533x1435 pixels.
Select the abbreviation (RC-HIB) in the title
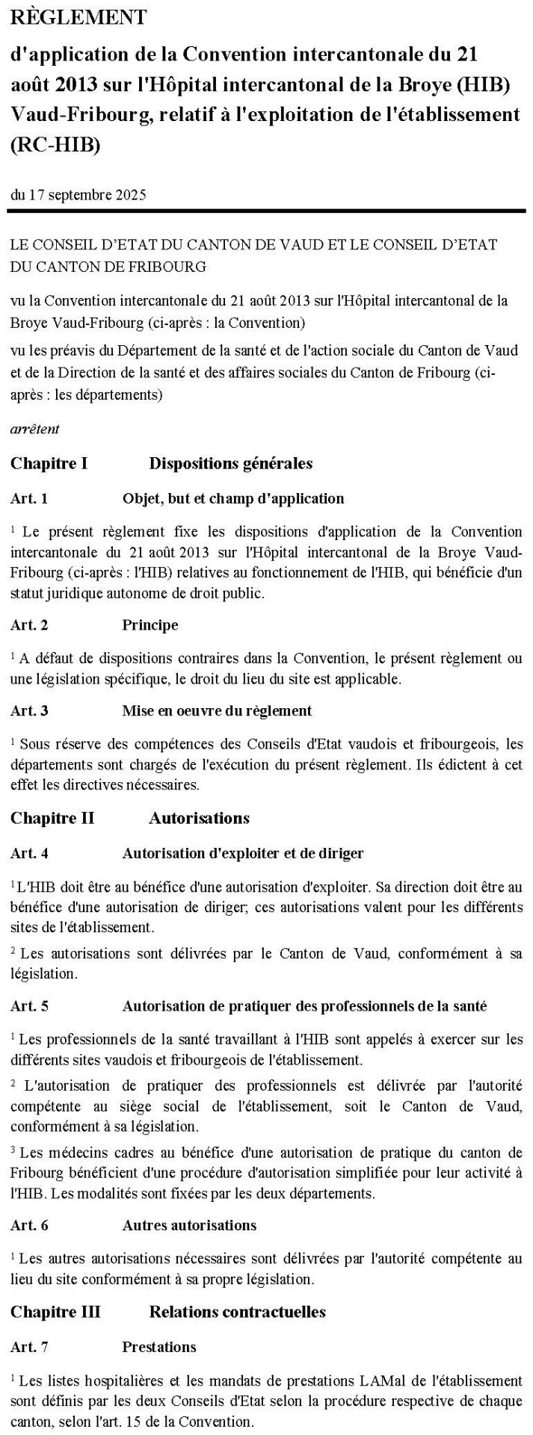(55, 145)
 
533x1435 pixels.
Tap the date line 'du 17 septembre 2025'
(78, 196)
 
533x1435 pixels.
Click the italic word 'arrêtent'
(35, 430)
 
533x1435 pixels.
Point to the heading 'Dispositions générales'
(231, 464)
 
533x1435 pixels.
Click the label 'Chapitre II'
(52, 818)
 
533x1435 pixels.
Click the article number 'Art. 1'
(29, 498)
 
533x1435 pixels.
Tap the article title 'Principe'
(150, 625)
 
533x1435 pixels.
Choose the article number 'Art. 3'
(29, 710)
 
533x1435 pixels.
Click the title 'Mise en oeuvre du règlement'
(217, 710)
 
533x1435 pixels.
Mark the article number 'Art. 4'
(29, 852)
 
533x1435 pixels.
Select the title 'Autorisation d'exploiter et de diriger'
(243, 852)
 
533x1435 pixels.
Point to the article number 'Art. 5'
(29, 1006)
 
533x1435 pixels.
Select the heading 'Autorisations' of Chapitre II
(199, 818)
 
